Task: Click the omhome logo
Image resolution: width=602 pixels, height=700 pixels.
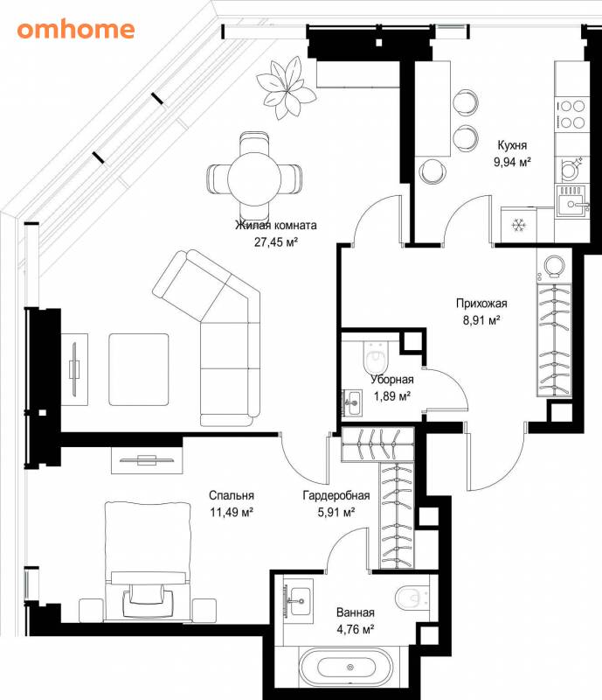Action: pyautogui.click(x=76, y=30)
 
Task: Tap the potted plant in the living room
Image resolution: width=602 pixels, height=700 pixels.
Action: pyautogui.click(x=286, y=88)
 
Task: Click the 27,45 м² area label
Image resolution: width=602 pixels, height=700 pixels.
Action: pyautogui.click(x=276, y=242)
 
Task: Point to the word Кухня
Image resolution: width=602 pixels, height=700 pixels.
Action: pyautogui.click(x=512, y=145)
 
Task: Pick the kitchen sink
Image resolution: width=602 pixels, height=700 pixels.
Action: pyautogui.click(x=573, y=201)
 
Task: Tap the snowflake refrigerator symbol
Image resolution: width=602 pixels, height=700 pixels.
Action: pyautogui.click(x=518, y=226)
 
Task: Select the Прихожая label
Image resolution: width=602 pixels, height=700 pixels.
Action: pyautogui.click(x=481, y=304)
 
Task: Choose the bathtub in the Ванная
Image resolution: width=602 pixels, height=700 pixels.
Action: pyautogui.click(x=347, y=668)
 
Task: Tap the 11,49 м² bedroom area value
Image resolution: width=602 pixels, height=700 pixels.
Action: pyautogui.click(x=232, y=512)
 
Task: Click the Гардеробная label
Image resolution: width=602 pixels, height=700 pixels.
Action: pyautogui.click(x=336, y=495)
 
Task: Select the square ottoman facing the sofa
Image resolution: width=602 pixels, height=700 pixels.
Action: pyautogui.click(x=139, y=369)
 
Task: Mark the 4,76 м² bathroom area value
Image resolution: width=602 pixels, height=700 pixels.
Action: pyautogui.click(x=356, y=629)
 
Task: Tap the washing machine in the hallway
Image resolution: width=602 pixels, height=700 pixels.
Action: pyautogui.click(x=554, y=266)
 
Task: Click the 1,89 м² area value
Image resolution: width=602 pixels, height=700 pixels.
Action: pyautogui.click(x=392, y=396)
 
